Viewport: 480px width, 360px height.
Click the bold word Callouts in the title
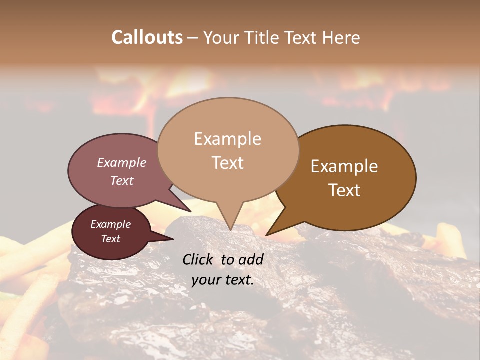[147, 37]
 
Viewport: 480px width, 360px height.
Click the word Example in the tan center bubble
[227, 139]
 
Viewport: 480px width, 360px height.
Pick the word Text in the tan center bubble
[227, 163]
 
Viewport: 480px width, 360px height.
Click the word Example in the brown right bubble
[344, 166]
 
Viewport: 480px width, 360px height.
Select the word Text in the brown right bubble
[344, 190]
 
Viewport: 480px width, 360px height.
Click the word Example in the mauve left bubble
[122, 162]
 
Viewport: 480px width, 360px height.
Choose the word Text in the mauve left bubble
[122, 180]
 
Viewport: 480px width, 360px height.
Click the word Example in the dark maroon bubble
[110, 224]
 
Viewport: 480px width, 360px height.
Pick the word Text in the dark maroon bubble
[110, 239]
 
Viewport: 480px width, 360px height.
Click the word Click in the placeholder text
[199, 259]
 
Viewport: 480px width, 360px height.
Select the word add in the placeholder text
[250, 259]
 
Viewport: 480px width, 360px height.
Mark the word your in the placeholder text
[205, 280]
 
